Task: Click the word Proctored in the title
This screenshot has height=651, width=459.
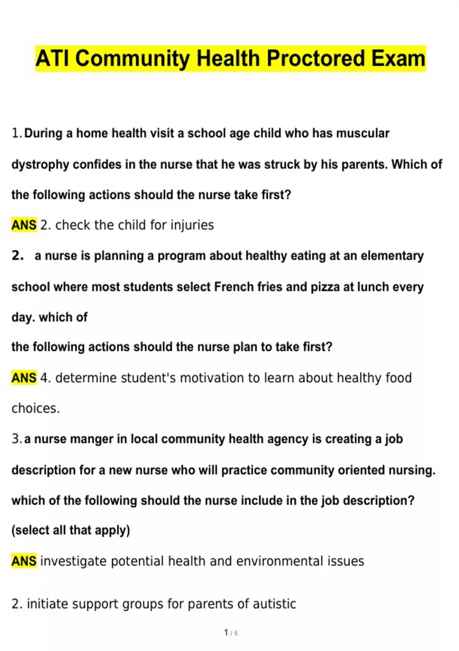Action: point(316,59)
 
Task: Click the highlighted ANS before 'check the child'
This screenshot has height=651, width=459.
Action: point(24,225)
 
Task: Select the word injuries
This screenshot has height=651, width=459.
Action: point(192,225)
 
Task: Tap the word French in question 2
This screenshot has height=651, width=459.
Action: point(233,287)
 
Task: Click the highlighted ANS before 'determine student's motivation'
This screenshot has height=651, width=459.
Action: point(24,378)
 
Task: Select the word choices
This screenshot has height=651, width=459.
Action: point(36,409)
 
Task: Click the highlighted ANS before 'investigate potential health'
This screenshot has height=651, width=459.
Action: point(24,561)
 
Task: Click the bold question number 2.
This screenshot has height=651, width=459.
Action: point(18,256)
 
